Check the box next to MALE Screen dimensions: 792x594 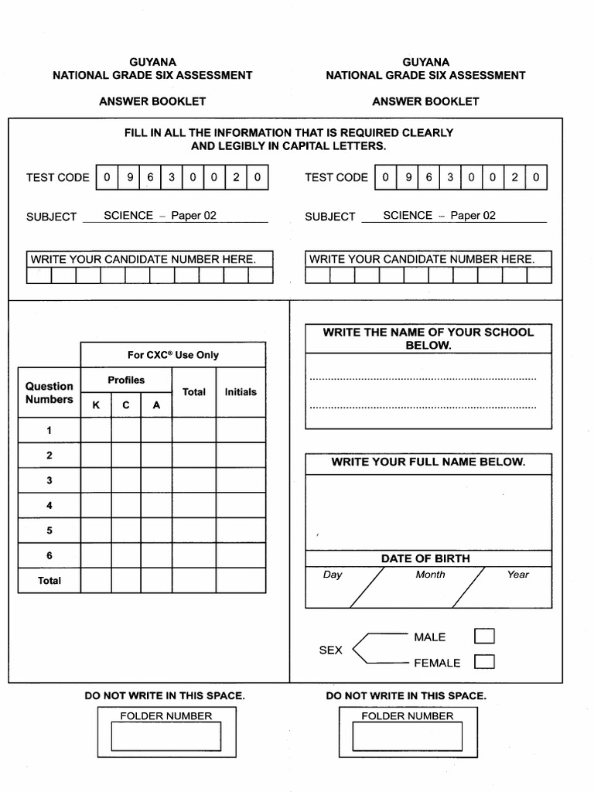point(484,637)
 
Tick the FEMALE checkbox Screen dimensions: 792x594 point(484,662)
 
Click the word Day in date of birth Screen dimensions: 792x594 point(333,575)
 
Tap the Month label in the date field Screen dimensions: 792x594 point(430,575)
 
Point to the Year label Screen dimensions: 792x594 point(518,575)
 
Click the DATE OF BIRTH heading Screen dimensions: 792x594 point(425,558)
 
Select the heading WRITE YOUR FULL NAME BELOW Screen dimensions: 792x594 point(428,462)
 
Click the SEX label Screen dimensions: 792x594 point(330,650)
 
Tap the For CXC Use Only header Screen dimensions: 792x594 point(173,355)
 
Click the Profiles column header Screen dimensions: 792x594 point(126,380)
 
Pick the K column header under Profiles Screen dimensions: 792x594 point(96,405)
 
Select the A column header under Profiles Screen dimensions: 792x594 point(156,405)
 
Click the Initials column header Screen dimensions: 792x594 point(241,392)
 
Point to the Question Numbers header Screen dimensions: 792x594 point(49,393)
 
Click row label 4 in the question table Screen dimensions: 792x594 point(49,505)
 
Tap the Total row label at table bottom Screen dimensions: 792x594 point(49,580)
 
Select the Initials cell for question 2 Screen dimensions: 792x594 point(241,456)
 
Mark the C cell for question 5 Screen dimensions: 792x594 point(126,531)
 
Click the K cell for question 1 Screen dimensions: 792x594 point(96,430)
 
